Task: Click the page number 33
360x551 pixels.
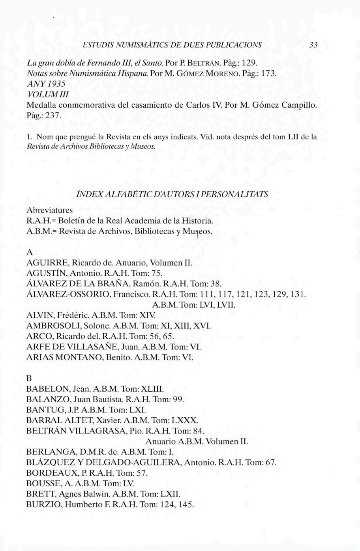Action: pos(314,45)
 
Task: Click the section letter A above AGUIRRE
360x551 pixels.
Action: pos(29,251)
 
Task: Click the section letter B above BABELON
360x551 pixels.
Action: pos(29,377)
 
